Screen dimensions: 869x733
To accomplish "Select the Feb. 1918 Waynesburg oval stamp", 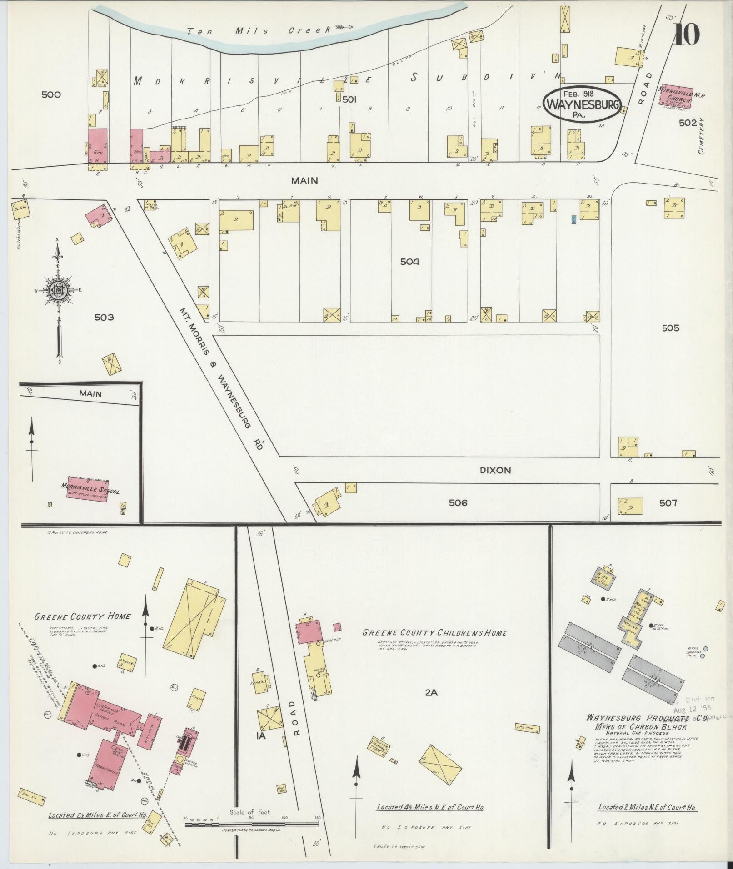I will (x=583, y=104).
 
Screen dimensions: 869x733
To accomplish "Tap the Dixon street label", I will (x=495, y=470).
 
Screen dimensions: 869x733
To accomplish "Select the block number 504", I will (x=409, y=262).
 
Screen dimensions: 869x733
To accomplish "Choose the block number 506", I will (x=458, y=502).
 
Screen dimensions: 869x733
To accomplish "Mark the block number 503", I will (x=104, y=317).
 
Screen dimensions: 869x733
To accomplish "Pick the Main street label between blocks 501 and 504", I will (x=304, y=181).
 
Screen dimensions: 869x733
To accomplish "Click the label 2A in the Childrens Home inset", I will (x=431, y=693).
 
